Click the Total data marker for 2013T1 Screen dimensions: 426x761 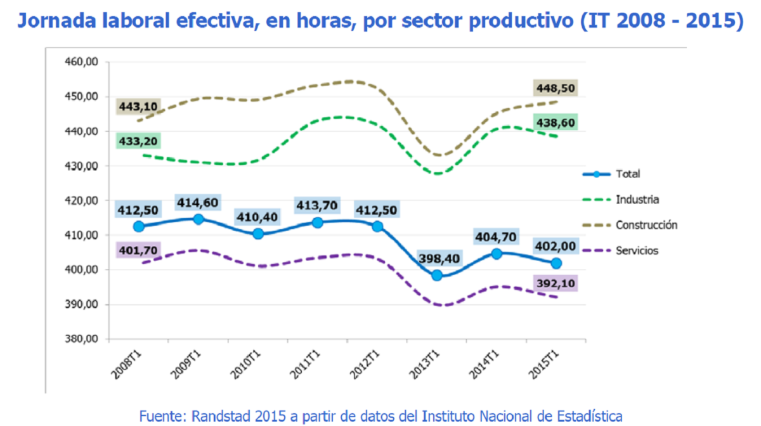click(x=437, y=276)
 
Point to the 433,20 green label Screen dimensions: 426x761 click(x=138, y=141)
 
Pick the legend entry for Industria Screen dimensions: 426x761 click(x=637, y=200)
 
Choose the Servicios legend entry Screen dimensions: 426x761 click(x=636, y=250)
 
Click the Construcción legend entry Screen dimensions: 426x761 click(x=646, y=225)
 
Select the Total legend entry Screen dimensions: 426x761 click(x=628, y=174)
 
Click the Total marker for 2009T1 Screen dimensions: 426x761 click(x=198, y=219)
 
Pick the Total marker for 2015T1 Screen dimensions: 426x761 click(x=556, y=263)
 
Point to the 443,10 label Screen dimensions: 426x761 click(x=138, y=106)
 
